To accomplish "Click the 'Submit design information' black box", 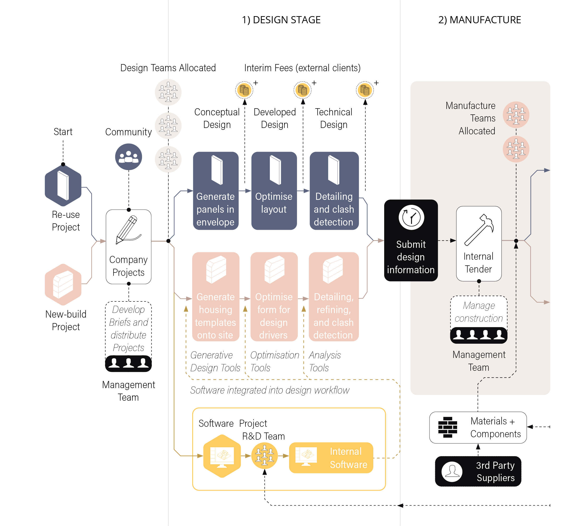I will (411, 240).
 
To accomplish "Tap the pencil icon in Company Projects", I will (128, 230).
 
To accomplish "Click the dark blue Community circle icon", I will (129, 157).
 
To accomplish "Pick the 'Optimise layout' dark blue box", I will (274, 191).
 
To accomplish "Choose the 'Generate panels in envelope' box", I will (216, 191).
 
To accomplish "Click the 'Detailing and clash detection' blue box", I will (334, 191).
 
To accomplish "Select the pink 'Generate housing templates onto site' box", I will (216, 296).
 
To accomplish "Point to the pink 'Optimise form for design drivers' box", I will (274, 296).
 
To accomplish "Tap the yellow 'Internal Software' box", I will (331, 458).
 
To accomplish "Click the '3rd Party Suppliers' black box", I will (478, 471).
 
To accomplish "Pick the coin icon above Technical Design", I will (365, 90).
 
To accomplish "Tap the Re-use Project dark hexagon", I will (63, 186).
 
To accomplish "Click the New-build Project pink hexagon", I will (63, 285).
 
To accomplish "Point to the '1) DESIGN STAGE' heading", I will (281, 20).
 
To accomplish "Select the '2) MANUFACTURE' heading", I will (479, 20).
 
